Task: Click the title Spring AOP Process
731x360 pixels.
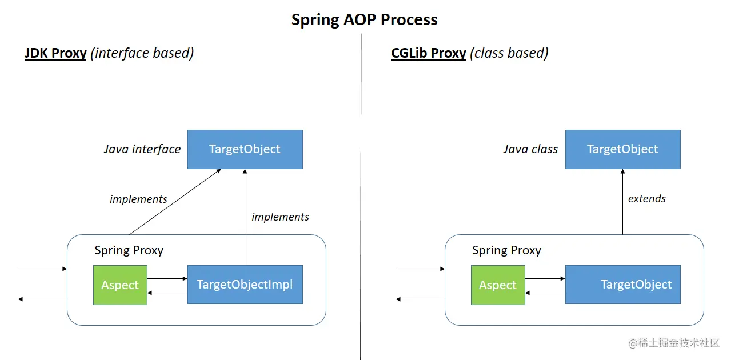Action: tap(364, 19)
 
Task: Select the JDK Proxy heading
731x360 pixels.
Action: tap(55, 53)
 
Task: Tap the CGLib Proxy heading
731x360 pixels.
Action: tap(428, 53)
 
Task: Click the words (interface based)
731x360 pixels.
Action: tap(142, 53)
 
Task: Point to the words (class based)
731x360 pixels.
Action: tap(509, 53)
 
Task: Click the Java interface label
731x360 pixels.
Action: tap(142, 149)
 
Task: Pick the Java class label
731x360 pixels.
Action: tap(530, 149)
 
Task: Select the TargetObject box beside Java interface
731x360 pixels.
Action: tap(245, 149)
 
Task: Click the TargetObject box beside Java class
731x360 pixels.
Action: tap(622, 149)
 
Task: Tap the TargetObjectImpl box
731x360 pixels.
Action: tap(245, 285)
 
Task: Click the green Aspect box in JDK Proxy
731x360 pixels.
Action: tap(120, 285)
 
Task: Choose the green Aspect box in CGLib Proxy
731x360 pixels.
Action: tap(498, 285)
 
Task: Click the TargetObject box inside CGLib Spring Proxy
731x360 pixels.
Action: tap(622, 285)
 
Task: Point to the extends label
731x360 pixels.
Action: tap(646, 199)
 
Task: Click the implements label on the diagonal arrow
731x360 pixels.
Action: tap(138, 199)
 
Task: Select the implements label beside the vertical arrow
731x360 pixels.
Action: tap(280, 217)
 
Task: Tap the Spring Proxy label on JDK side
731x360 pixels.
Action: tap(129, 250)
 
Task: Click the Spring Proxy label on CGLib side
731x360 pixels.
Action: tap(506, 250)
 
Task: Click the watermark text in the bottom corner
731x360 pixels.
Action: tap(674, 343)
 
